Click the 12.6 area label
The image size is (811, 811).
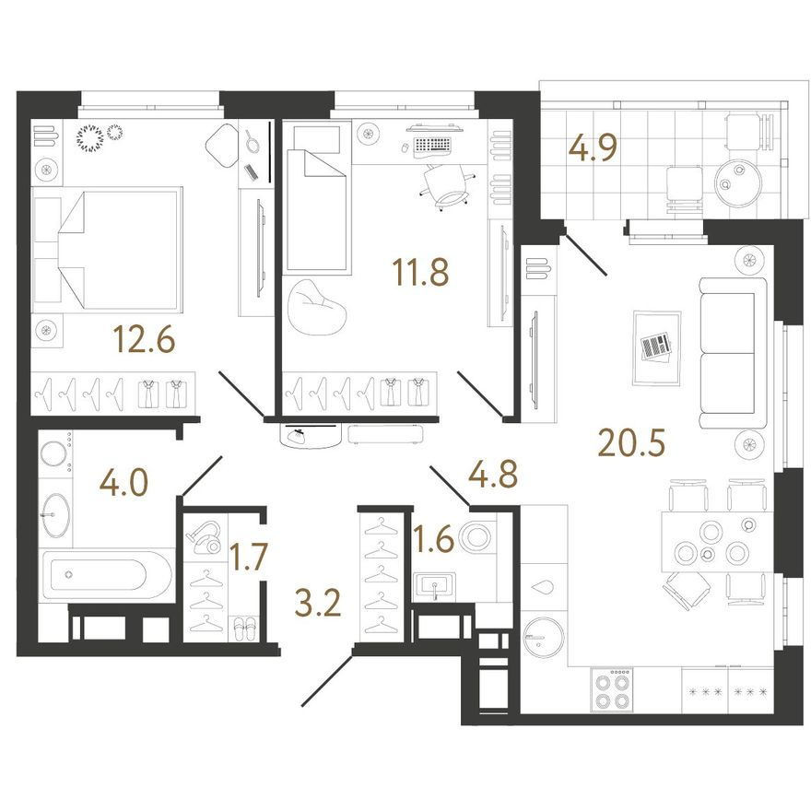[145, 340]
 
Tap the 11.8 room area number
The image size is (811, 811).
[420, 273]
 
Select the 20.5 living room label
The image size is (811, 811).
[631, 444]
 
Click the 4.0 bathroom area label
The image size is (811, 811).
[124, 484]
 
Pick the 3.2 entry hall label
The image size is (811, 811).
[318, 604]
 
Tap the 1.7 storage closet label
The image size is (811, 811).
[248, 557]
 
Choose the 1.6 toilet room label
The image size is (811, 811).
[434, 538]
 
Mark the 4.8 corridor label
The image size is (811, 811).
[492, 475]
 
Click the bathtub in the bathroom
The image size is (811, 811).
[107, 575]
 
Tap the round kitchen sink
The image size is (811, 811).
[543, 637]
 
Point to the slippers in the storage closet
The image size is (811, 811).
[245, 628]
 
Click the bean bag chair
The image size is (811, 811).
[316, 307]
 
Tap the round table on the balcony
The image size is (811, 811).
[738, 179]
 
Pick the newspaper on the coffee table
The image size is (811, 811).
[655, 346]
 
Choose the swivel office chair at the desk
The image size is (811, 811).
[446, 185]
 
